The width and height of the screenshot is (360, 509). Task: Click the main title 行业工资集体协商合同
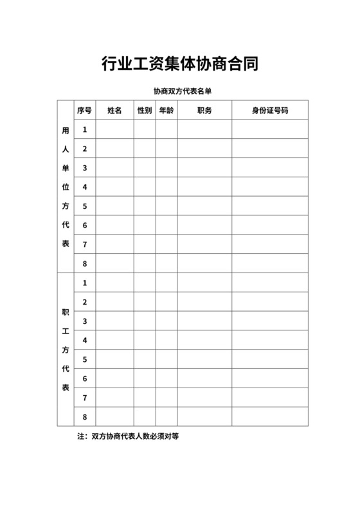(x=180, y=64)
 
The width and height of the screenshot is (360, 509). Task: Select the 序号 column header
(x=85, y=111)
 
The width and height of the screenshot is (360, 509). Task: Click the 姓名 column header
(x=114, y=111)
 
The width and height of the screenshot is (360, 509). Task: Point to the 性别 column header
(x=145, y=111)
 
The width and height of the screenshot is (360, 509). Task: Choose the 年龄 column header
(x=166, y=111)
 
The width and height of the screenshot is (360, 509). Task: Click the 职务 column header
(x=204, y=111)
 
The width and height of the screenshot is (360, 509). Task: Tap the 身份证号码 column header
(x=270, y=111)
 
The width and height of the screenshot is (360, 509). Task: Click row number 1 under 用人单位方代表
(x=85, y=130)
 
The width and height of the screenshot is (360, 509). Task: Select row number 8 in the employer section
(x=85, y=263)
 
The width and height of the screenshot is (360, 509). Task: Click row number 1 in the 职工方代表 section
(x=85, y=283)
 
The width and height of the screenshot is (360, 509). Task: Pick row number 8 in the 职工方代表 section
(x=85, y=416)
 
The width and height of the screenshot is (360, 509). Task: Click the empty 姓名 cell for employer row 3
(x=114, y=168)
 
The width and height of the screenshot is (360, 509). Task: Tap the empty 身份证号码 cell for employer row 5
(x=270, y=206)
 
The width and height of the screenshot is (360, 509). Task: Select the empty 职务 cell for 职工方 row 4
(x=204, y=340)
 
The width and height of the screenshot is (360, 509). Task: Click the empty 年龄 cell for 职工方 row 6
(x=166, y=379)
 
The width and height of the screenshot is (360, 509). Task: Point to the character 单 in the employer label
(x=65, y=168)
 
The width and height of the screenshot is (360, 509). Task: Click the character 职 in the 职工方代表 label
(x=65, y=312)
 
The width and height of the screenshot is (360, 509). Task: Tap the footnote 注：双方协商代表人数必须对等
(x=128, y=436)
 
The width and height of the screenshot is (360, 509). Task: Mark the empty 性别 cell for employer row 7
(x=145, y=244)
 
